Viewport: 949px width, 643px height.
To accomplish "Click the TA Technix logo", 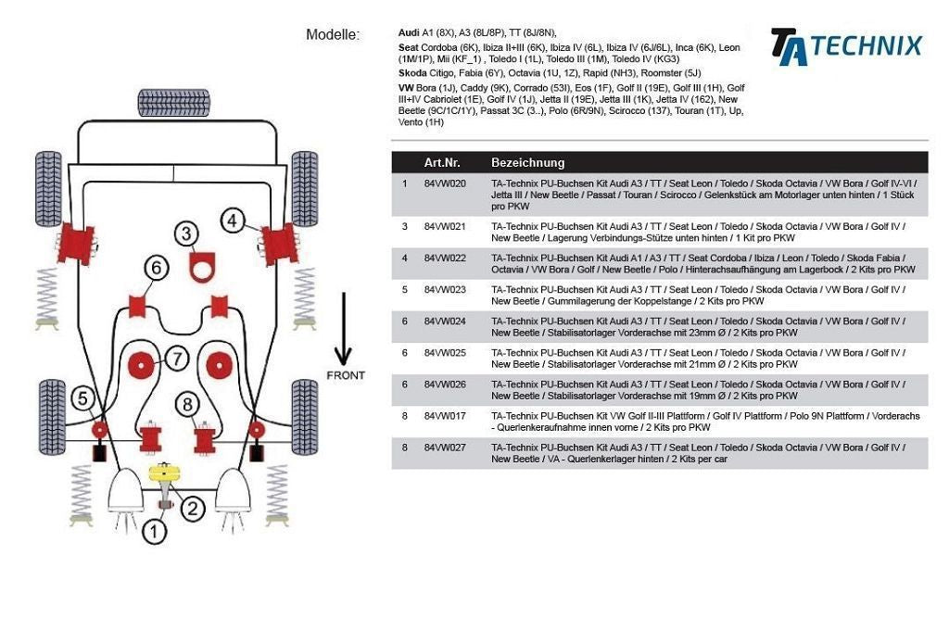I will pos(846,46).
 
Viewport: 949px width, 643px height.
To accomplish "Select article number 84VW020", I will pos(445,183).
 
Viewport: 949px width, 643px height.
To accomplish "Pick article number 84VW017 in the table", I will pos(445,416).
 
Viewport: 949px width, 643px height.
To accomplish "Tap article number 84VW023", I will pos(445,290).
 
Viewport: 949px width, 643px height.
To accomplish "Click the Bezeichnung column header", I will pos(527,162).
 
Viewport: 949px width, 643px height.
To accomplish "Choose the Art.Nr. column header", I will pos(442,162).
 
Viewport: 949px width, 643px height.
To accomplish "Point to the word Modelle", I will pos(332,35).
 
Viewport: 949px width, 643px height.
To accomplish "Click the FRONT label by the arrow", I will pos(345,375).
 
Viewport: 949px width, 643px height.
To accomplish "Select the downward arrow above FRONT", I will pos(343,329).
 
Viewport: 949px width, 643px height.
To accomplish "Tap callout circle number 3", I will pos(188,234).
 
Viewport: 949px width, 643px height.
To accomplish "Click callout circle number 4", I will pos(233,221).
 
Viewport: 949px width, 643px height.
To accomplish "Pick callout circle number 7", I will pos(177,358).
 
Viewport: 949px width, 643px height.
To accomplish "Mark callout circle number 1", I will pos(154,532).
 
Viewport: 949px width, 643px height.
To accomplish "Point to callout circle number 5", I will pos(83,398).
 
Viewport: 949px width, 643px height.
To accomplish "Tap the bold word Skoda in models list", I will pos(412,72).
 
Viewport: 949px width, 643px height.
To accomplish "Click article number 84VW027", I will pos(445,448).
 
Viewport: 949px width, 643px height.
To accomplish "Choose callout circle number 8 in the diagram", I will pos(188,403).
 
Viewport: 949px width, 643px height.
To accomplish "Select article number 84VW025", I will pos(445,353).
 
